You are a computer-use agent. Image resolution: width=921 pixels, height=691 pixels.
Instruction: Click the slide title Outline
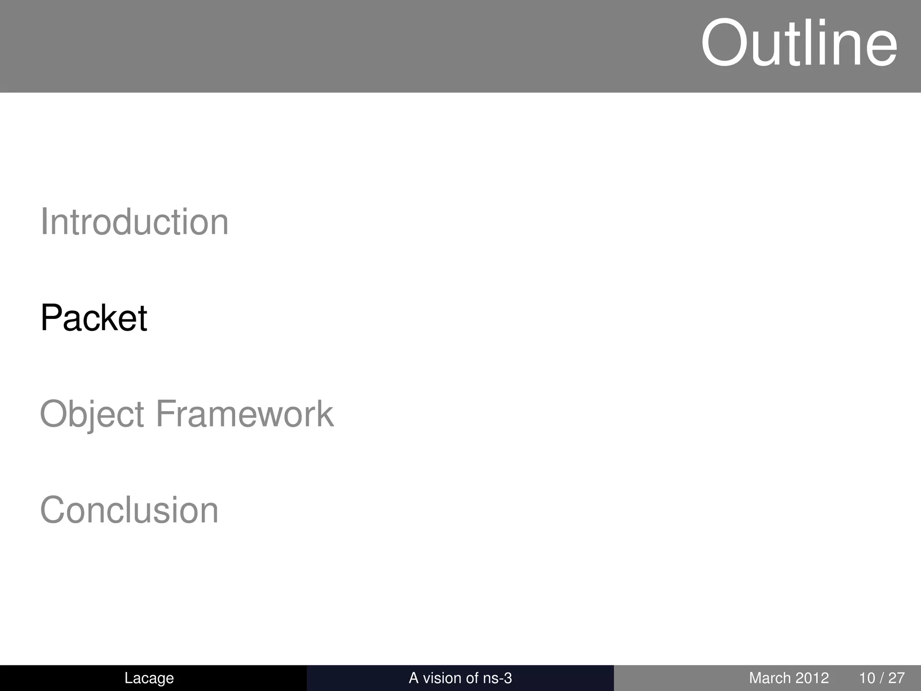coord(799,44)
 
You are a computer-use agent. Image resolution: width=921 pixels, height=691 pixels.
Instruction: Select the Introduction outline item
coord(134,222)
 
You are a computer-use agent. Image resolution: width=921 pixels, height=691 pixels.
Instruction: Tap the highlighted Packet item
coord(94,318)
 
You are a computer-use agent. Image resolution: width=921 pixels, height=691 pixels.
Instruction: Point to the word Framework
coord(245,414)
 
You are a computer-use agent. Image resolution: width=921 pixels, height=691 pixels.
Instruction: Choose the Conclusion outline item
coord(129,510)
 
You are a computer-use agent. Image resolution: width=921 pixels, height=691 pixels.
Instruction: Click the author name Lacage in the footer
coord(149,678)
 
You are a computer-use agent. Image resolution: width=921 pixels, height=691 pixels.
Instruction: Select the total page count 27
coord(897,678)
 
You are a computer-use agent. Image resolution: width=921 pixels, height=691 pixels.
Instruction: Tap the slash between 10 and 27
coord(882,678)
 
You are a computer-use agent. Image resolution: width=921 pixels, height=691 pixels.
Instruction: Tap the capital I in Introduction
coord(44,222)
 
